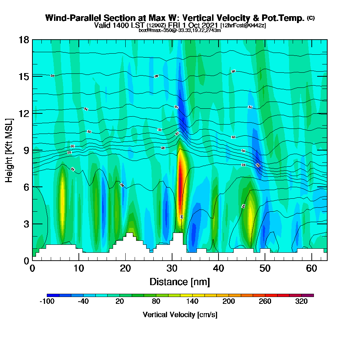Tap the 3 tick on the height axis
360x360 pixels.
[x=26, y=224]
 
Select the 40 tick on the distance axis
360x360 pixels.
[x=219, y=269]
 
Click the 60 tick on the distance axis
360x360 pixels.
[x=312, y=269]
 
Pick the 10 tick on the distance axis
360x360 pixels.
[x=79, y=269]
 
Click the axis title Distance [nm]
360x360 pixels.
[x=180, y=282]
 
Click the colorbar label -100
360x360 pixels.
[x=47, y=302]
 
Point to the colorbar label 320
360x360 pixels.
[x=302, y=302]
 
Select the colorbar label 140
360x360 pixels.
[x=192, y=302]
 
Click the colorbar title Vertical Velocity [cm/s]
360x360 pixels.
[x=180, y=315]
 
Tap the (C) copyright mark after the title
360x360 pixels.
[x=311, y=18]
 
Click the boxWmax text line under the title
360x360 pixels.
[x=180, y=30]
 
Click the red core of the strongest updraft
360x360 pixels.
[x=181, y=180]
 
